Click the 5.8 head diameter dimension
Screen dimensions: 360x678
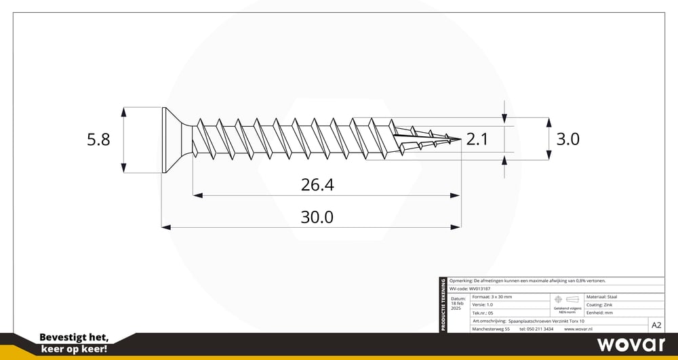pyautogui.click(x=98, y=140)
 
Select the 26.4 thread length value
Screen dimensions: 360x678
pyautogui.click(x=317, y=184)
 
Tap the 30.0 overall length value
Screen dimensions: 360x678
pyautogui.click(x=317, y=217)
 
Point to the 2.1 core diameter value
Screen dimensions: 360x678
pyautogui.click(x=477, y=140)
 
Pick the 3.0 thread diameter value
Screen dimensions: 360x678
pyautogui.click(x=567, y=140)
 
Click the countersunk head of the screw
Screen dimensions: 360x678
pyautogui.click(x=174, y=140)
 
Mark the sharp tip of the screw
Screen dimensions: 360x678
pyautogui.click(x=460, y=140)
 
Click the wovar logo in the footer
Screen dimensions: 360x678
pyautogui.click(x=631, y=344)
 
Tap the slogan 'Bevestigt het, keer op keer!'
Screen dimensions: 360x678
pyautogui.click(x=74, y=343)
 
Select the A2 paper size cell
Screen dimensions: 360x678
pyautogui.click(x=656, y=325)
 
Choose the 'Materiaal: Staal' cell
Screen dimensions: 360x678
pyautogui.click(x=602, y=297)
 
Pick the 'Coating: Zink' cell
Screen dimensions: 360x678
pyautogui.click(x=599, y=305)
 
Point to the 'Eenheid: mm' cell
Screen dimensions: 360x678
pyautogui.click(x=599, y=313)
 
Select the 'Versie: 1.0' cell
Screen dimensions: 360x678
pyautogui.click(x=482, y=305)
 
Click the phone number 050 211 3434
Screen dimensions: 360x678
pyautogui.click(x=536, y=329)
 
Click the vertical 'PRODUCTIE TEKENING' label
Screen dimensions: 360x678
pyautogui.click(x=443, y=305)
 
